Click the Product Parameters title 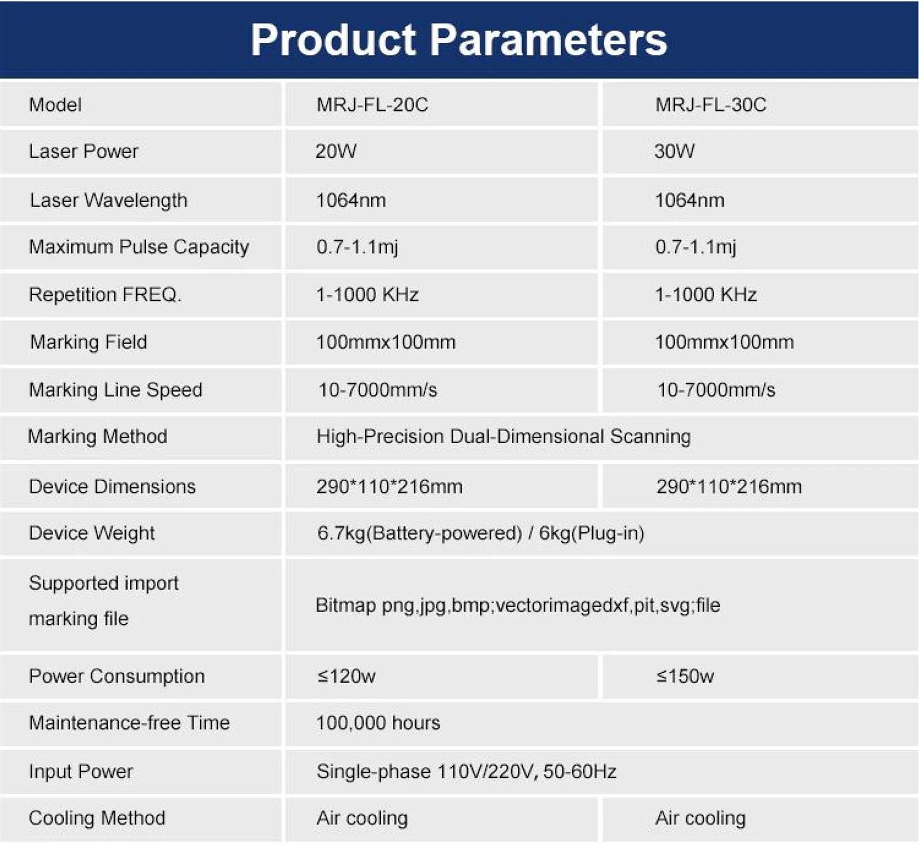point(459,40)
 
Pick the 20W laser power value point(336,152)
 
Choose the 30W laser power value point(674,152)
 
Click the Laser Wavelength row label point(109,200)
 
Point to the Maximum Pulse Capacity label point(139,247)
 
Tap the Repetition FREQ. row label point(105,294)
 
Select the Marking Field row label point(88,342)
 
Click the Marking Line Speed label point(115,390)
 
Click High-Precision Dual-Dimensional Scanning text point(503,437)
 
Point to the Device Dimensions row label point(112,487)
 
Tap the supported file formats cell point(518,606)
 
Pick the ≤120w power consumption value point(346,676)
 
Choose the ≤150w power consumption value point(685,676)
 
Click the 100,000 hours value point(378,723)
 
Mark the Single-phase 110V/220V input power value point(466,772)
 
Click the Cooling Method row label point(97,818)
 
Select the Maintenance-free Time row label point(129,723)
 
